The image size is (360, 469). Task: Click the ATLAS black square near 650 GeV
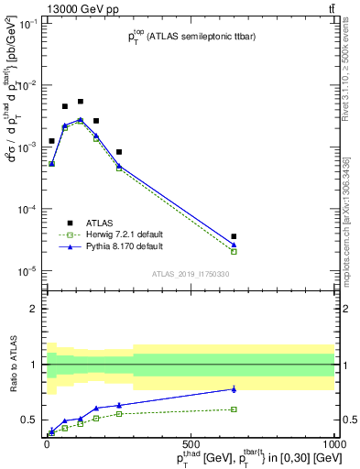tap(235, 236)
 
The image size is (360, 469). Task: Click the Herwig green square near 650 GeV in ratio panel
tap(235, 409)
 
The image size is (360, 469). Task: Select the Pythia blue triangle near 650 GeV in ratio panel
tap(235, 389)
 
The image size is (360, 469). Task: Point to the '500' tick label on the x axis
tap(191, 442)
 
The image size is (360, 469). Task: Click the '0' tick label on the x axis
tap(47, 442)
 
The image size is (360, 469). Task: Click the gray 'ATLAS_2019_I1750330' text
tap(190, 275)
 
